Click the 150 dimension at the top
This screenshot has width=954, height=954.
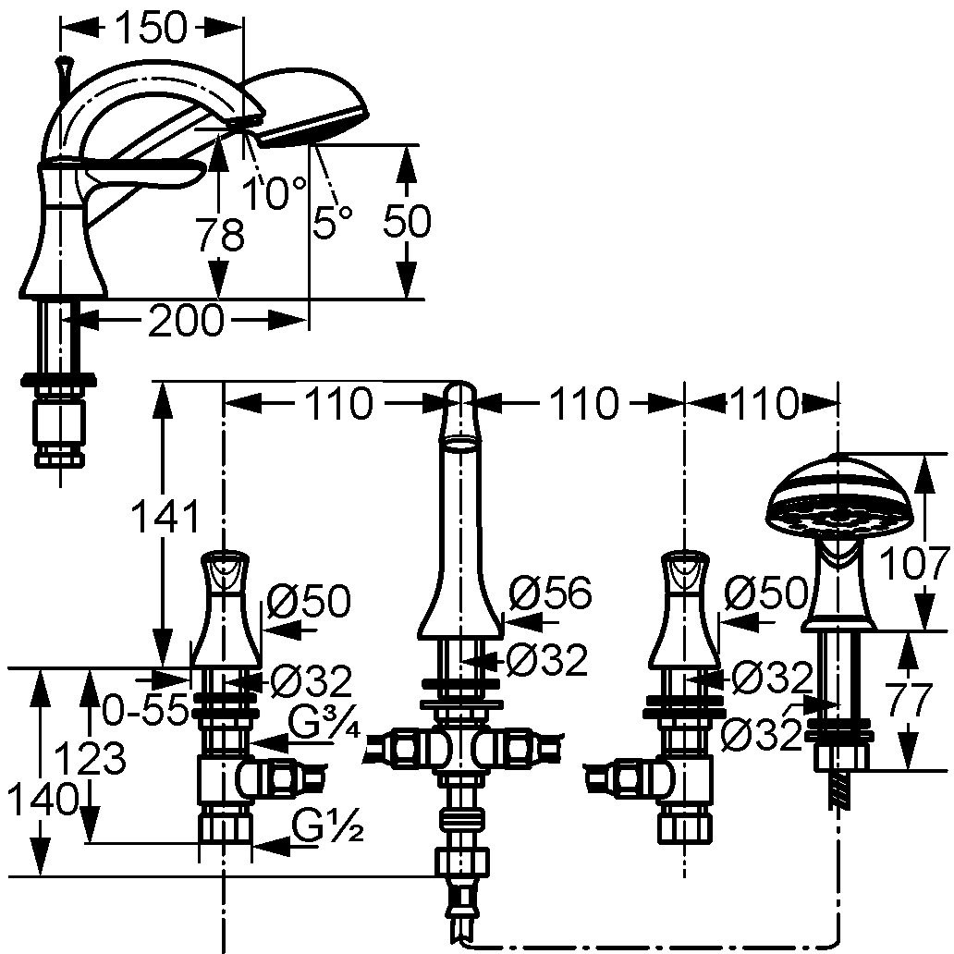click(151, 30)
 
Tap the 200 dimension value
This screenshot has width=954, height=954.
click(185, 321)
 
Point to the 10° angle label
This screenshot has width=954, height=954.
click(274, 192)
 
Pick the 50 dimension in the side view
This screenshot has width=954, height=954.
click(407, 222)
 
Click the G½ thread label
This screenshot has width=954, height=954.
click(326, 825)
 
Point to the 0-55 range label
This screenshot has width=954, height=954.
click(144, 710)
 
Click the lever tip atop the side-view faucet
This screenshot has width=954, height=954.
click(63, 65)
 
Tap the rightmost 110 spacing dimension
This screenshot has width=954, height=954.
click(763, 403)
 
